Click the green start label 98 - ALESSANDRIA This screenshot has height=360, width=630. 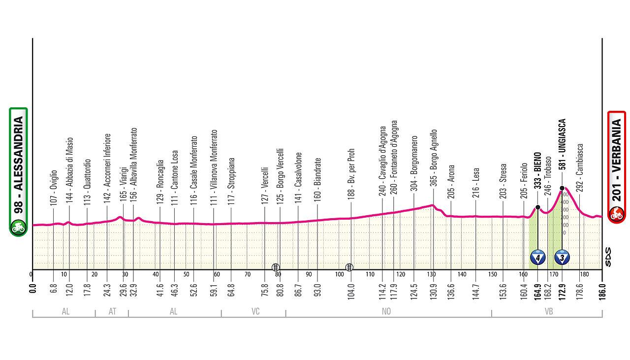coord(18,172)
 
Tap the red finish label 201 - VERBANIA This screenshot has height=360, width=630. coord(616,167)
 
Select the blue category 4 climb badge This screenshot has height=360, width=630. coord(538,257)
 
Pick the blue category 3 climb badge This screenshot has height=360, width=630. coord(562,257)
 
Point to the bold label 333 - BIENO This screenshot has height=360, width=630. coord(538,170)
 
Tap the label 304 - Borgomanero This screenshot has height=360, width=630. coord(415,163)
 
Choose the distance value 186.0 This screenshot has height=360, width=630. coord(602,289)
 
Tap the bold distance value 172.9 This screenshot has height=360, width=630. coord(562,289)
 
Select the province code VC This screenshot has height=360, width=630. coord(255,311)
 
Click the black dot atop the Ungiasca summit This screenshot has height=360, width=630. coord(562,188)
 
